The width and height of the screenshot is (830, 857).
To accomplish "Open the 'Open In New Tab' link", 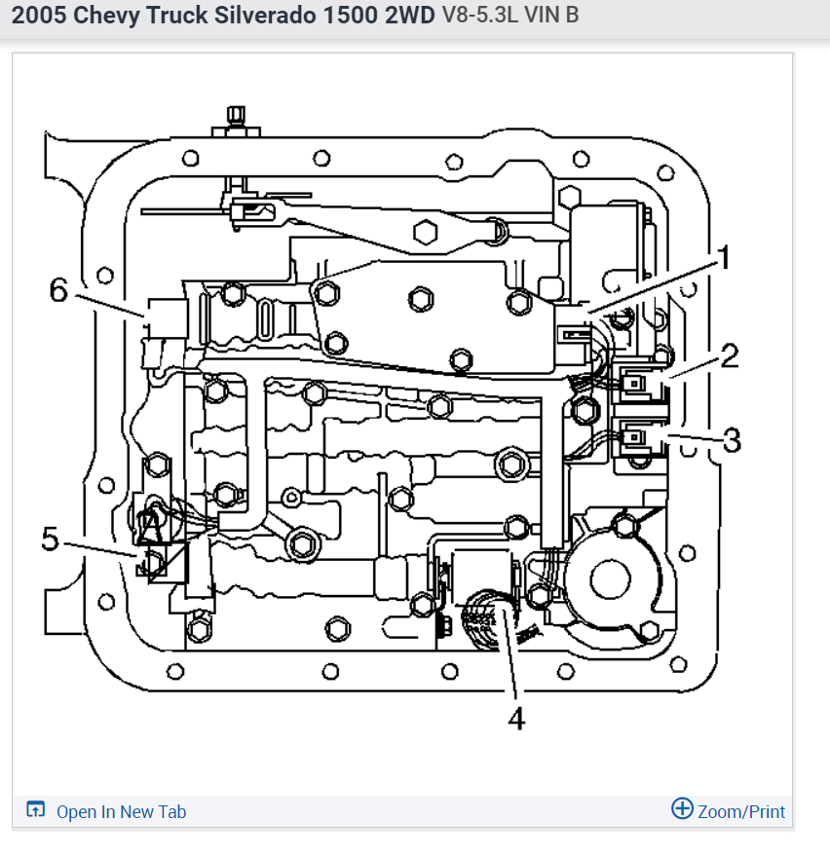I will coord(121,811).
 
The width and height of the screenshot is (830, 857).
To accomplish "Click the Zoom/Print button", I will coord(741,811).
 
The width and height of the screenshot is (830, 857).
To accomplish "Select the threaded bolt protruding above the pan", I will coord(233,119).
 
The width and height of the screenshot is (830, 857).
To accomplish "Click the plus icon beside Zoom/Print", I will coord(682,809).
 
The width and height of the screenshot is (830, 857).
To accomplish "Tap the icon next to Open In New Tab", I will coord(36,810).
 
